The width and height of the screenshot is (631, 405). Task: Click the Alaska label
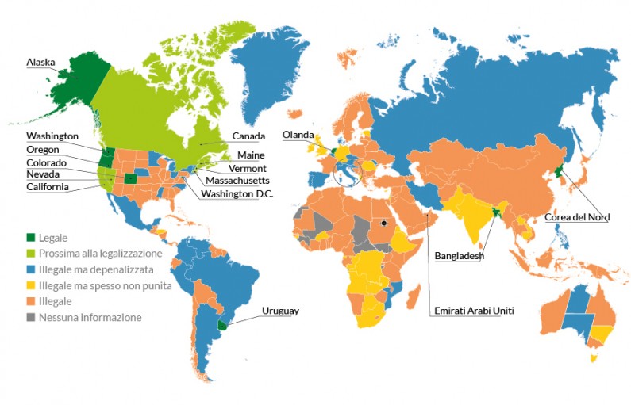[x=41, y=62]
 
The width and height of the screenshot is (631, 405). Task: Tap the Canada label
[x=248, y=136]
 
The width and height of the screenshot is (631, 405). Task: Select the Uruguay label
[x=280, y=311]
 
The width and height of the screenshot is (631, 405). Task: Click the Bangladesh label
[x=459, y=256]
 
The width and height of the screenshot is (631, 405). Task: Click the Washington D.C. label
[x=237, y=193]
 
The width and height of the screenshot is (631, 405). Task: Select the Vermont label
[x=248, y=169]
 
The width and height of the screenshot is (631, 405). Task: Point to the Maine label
[x=250, y=155]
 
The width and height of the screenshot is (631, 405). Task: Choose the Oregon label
[x=43, y=149]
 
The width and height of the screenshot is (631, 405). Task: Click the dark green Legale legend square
[x=31, y=237]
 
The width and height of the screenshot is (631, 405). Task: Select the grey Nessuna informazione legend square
[x=31, y=317]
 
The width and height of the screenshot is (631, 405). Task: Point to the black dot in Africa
[x=383, y=223]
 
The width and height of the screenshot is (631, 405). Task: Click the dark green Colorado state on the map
[x=130, y=178]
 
